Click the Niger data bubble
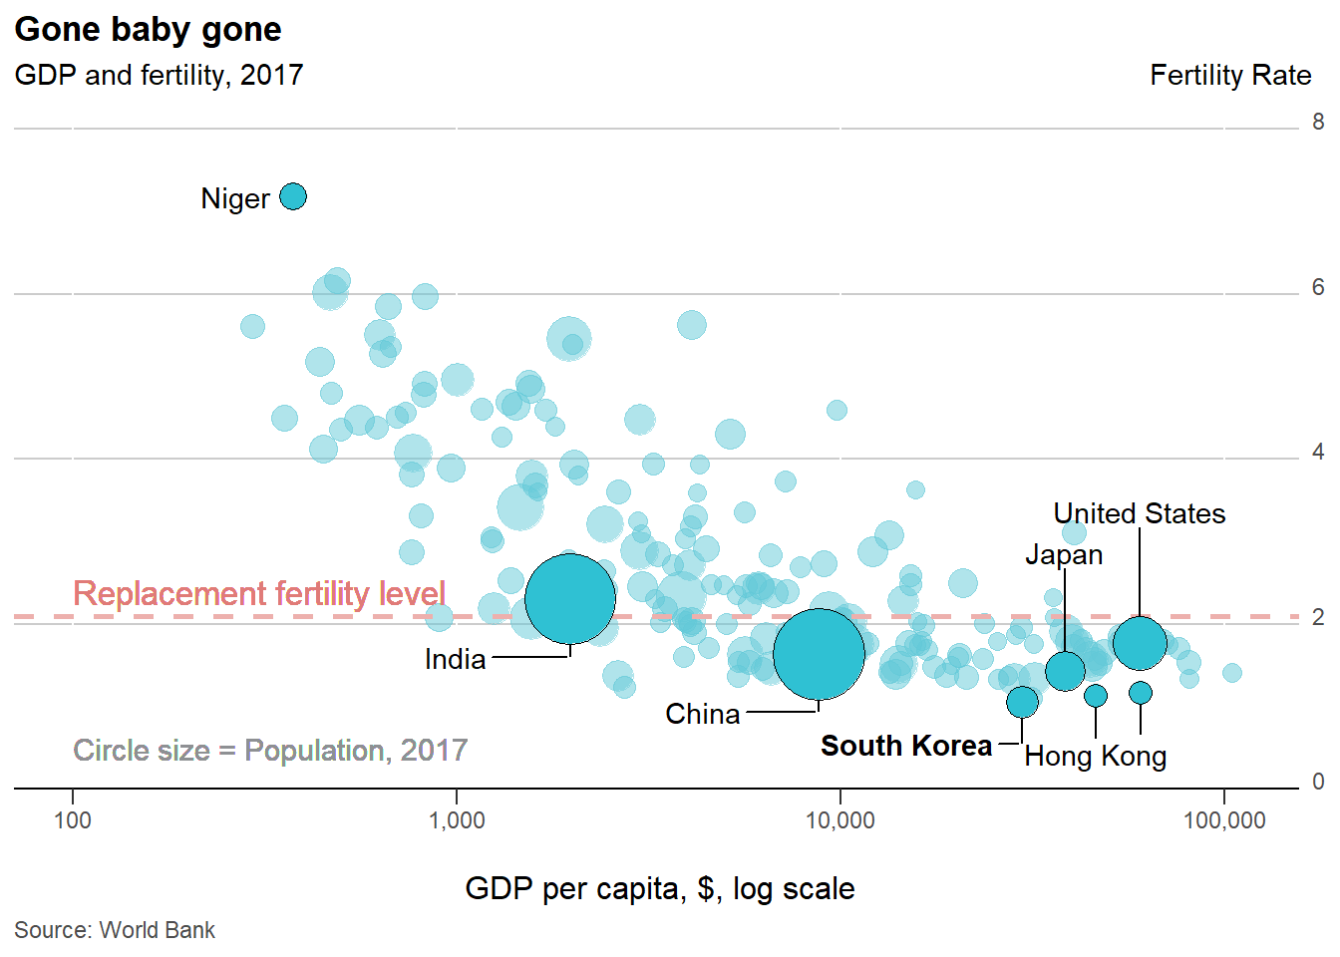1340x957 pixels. click(292, 196)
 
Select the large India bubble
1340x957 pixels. click(569, 598)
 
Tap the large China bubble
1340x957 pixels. click(819, 654)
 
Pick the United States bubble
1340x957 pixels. click(1140, 643)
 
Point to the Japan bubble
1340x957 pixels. click(1065, 671)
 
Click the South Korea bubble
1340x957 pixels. click(1022, 702)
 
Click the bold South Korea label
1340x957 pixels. click(905, 746)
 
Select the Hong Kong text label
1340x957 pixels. click(1095, 757)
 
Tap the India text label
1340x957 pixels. click(455, 659)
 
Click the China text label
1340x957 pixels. click(702, 714)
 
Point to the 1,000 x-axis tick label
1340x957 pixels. click(457, 820)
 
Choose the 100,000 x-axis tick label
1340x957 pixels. click(1224, 820)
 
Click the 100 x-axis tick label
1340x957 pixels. click(72, 820)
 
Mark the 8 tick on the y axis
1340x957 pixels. click(1318, 123)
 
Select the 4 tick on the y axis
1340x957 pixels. click(1318, 453)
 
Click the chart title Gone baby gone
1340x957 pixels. click(148, 30)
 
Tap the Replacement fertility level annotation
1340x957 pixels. click(259, 593)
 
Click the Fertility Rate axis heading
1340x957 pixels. click(1229, 76)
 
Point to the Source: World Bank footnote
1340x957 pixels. click(115, 930)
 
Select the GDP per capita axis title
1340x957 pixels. click(659, 888)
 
